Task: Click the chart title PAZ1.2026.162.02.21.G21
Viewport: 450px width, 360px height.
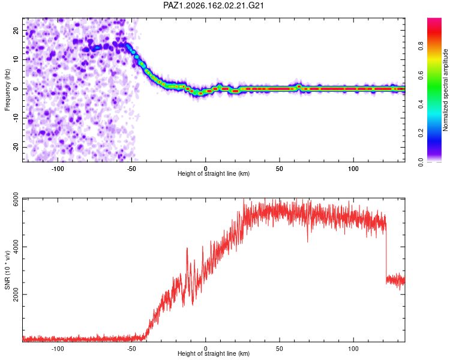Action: click(x=214, y=5)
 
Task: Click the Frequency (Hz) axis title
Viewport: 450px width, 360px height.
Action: click(x=7, y=90)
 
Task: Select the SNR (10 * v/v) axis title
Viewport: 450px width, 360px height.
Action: click(x=7, y=270)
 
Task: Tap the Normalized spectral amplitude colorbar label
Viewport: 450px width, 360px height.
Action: click(x=445, y=90)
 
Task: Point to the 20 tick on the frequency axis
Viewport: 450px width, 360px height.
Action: click(x=16, y=30)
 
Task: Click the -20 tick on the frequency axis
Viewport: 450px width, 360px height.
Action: click(x=16, y=147)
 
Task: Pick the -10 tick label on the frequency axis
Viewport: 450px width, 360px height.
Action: click(x=16, y=118)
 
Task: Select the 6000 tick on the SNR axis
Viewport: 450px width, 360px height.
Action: click(x=16, y=199)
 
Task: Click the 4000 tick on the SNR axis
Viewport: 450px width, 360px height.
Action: click(x=16, y=247)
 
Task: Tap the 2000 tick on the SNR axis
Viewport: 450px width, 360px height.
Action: click(x=16, y=294)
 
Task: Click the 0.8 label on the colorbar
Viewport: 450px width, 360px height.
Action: click(x=421, y=46)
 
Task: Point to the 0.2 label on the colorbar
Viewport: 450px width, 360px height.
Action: click(x=421, y=133)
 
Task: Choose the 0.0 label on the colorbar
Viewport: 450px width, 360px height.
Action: click(x=421, y=162)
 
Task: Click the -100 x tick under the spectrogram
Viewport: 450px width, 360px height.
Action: click(x=58, y=169)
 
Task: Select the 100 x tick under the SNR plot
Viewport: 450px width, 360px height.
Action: click(x=353, y=349)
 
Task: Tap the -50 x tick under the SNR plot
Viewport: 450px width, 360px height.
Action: click(x=131, y=349)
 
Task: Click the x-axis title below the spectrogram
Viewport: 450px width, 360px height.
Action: click(x=214, y=173)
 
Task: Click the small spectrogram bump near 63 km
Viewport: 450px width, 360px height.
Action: click(x=299, y=86)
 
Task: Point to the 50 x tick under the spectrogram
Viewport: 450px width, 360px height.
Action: click(x=279, y=169)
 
